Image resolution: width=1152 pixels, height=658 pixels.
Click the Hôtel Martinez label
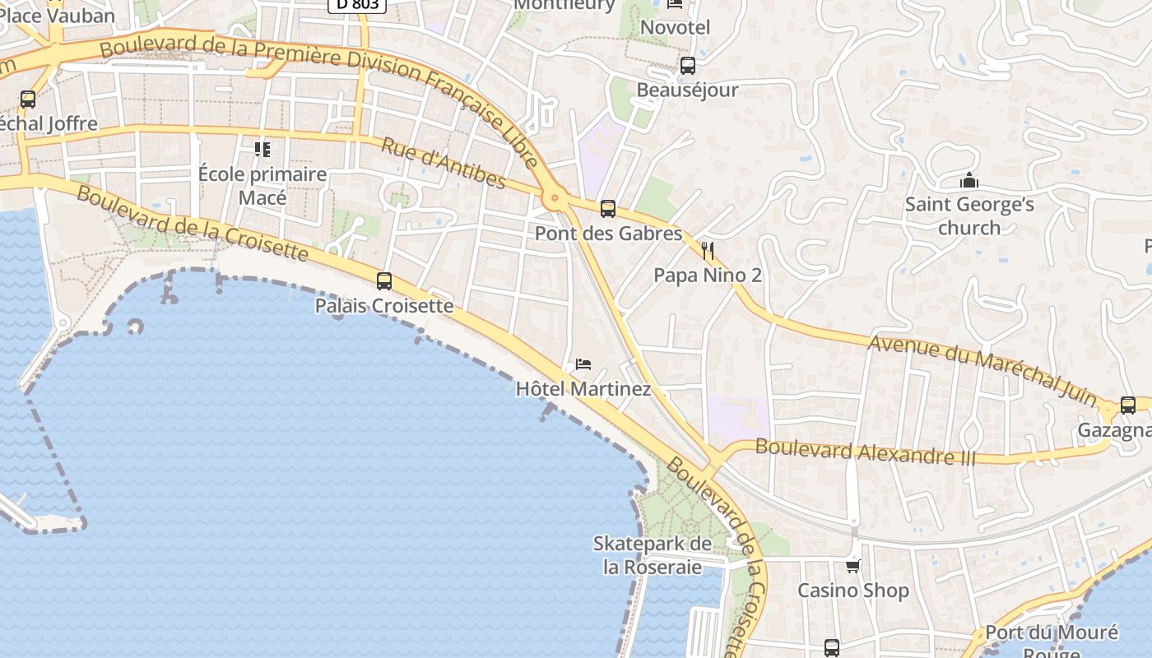[x=583, y=388]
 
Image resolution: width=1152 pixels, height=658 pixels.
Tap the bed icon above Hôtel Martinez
[x=583, y=364]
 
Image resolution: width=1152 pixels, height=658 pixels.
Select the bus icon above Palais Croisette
[x=384, y=281]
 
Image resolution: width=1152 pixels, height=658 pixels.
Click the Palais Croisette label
[x=384, y=306]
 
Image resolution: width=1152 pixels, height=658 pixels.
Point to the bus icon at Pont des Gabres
[x=608, y=209]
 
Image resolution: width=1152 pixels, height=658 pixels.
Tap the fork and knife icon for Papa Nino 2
[x=708, y=250]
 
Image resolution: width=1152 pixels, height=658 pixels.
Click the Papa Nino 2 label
[x=708, y=276]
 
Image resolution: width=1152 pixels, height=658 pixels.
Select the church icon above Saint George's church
[x=969, y=180]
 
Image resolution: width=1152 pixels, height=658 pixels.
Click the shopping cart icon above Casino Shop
[x=853, y=566]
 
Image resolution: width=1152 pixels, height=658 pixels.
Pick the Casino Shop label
[x=853, y=591]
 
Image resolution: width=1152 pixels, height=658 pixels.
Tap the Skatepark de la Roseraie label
[x=653, y=555]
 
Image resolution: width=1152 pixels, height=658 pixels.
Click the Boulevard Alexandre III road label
[x=865, y=452]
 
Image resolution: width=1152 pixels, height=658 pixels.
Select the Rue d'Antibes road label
[x=443, y=162]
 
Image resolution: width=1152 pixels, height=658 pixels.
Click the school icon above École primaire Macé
[x=262, y=149]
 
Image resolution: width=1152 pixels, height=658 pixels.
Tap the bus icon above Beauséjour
[x=688, y=65]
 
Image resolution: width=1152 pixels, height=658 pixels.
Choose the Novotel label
[x=675, y=27]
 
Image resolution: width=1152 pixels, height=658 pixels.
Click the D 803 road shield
[x=357, y=4]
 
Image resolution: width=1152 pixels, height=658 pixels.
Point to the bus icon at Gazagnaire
[x=1128, y=405]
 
